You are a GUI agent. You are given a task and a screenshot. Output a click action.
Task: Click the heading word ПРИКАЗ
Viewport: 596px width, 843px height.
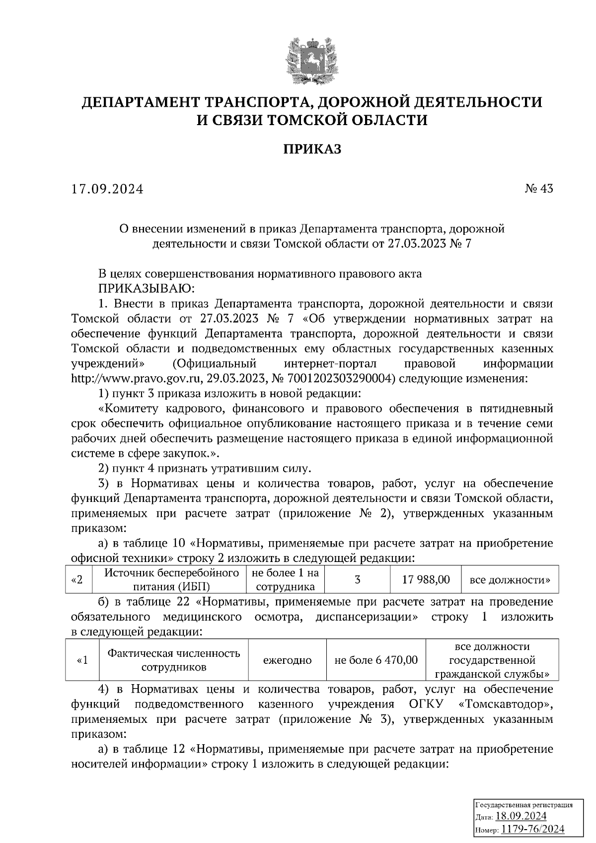[x=312, y=148]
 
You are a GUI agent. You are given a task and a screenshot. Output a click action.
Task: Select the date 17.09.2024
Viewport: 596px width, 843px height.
[x=107, y=189]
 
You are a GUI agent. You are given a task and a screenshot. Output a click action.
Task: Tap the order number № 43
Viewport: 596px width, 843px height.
[x=538, y=189]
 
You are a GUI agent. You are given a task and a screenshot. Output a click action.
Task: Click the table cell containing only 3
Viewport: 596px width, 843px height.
[x=357, y=579]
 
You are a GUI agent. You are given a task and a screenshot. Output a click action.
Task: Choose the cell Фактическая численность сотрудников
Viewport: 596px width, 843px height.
[x=173, y=660]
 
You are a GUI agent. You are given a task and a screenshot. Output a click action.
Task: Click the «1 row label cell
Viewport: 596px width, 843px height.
[x=82, y=660]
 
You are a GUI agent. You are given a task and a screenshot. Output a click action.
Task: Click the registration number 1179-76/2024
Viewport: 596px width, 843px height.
[x=532, y=829]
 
